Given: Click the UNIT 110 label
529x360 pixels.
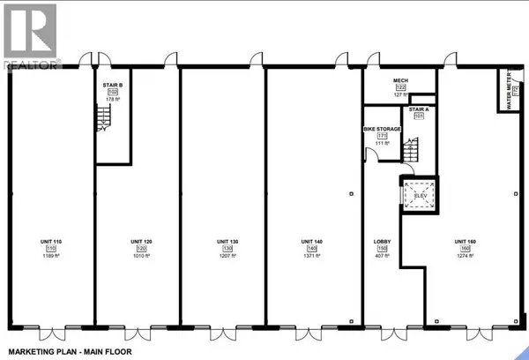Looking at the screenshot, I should (50, 241).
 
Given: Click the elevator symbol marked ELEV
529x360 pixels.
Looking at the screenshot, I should (420, 195).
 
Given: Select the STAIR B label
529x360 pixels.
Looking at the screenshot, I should (112, 84).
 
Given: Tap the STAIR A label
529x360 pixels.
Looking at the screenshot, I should (418, 109).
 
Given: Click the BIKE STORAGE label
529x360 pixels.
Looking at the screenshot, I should (383, 129).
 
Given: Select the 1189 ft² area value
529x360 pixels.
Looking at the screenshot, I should (50, 257).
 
